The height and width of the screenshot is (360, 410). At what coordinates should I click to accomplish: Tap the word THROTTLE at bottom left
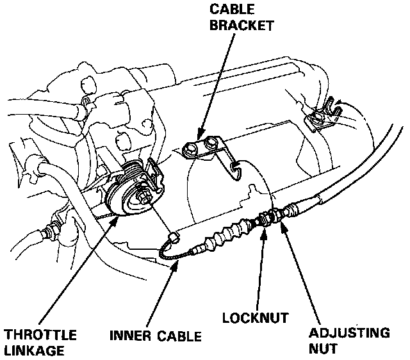coord(40,335)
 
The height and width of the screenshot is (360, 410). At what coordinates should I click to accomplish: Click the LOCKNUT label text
coord(254,316)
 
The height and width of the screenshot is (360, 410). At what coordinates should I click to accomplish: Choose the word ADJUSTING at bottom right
coord(349,334)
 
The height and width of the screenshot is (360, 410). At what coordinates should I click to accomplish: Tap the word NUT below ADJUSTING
coord(323,350)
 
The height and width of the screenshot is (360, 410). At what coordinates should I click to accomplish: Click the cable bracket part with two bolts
coord(205,149)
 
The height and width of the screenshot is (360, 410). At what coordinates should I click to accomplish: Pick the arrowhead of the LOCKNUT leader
coord(263,229)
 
